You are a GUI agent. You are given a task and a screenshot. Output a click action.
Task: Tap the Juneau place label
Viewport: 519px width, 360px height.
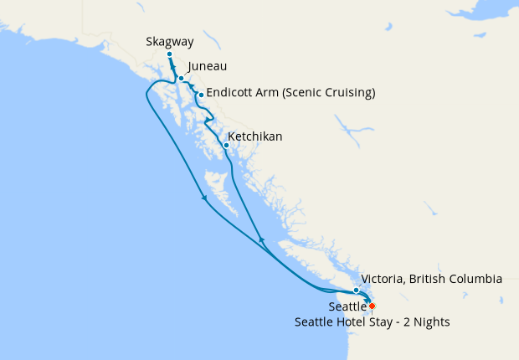click(208, 66)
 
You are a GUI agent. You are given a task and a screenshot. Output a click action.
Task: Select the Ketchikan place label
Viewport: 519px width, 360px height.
click(255, 136)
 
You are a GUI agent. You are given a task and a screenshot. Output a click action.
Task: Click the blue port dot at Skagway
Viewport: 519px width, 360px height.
click(169, 54)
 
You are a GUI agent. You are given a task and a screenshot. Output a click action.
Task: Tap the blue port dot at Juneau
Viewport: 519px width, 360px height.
click(181, 78)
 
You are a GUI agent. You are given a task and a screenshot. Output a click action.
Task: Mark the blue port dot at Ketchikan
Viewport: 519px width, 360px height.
click(226, 146)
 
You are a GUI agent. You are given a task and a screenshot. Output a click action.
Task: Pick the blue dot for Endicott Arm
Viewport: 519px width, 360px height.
click(201, 95)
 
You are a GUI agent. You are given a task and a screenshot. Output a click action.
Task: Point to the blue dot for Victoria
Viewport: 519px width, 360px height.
click(357, 291)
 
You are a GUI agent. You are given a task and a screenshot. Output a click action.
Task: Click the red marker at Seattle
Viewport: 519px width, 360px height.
click(373, 306)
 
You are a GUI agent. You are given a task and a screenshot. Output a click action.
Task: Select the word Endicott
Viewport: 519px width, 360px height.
click(232, 93)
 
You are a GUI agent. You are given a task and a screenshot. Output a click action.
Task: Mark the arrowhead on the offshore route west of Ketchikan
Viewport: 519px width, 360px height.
click(204, 198)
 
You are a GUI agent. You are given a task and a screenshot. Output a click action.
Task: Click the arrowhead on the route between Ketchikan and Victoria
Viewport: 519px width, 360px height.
click(261, 241)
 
